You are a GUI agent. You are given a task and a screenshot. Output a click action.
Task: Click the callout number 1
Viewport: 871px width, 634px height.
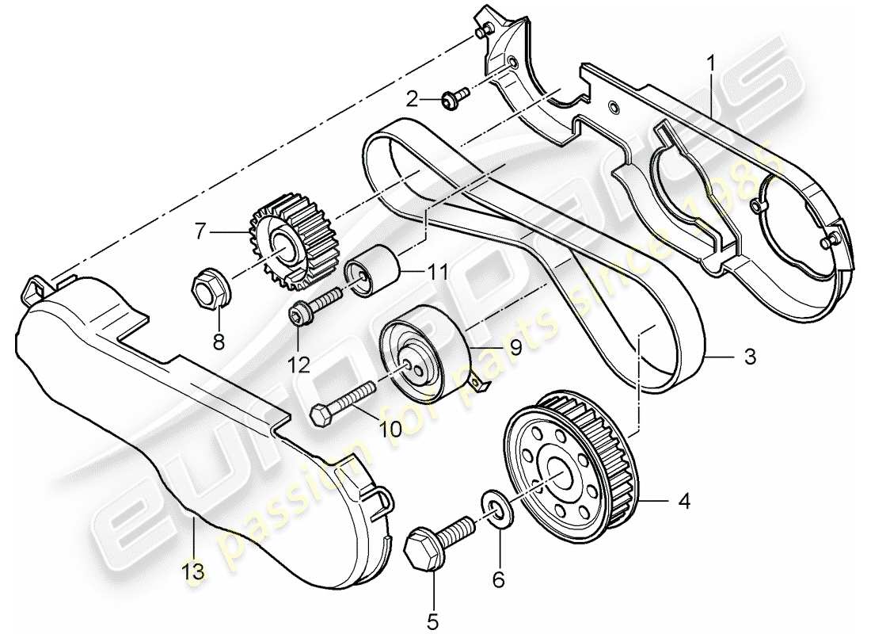[712, 60]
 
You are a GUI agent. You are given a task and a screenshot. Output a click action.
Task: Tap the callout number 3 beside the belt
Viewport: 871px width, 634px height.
[749, 358]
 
